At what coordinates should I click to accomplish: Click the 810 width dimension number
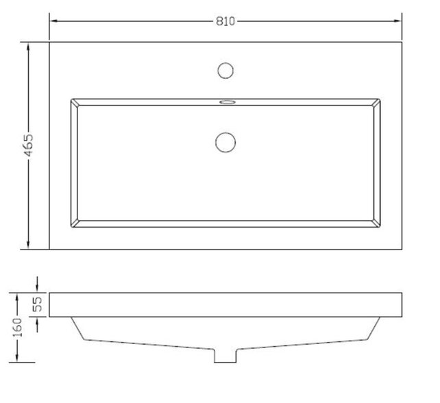pos(225,21)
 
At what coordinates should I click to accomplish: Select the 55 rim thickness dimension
pos(38,304)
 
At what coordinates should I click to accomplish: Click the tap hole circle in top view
pos(225,69)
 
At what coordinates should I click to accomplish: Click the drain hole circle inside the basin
pos(225,142)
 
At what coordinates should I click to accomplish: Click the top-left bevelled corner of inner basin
pos(75,103)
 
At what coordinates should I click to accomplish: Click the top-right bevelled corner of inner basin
pos(376,103)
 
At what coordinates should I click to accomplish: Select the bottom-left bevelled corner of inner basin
pos(75,223)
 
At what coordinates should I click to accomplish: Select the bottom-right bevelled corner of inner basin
pos(376,223)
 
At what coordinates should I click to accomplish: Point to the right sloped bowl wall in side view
pos(374,329)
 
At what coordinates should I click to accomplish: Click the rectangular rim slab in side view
pos(225,304)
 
